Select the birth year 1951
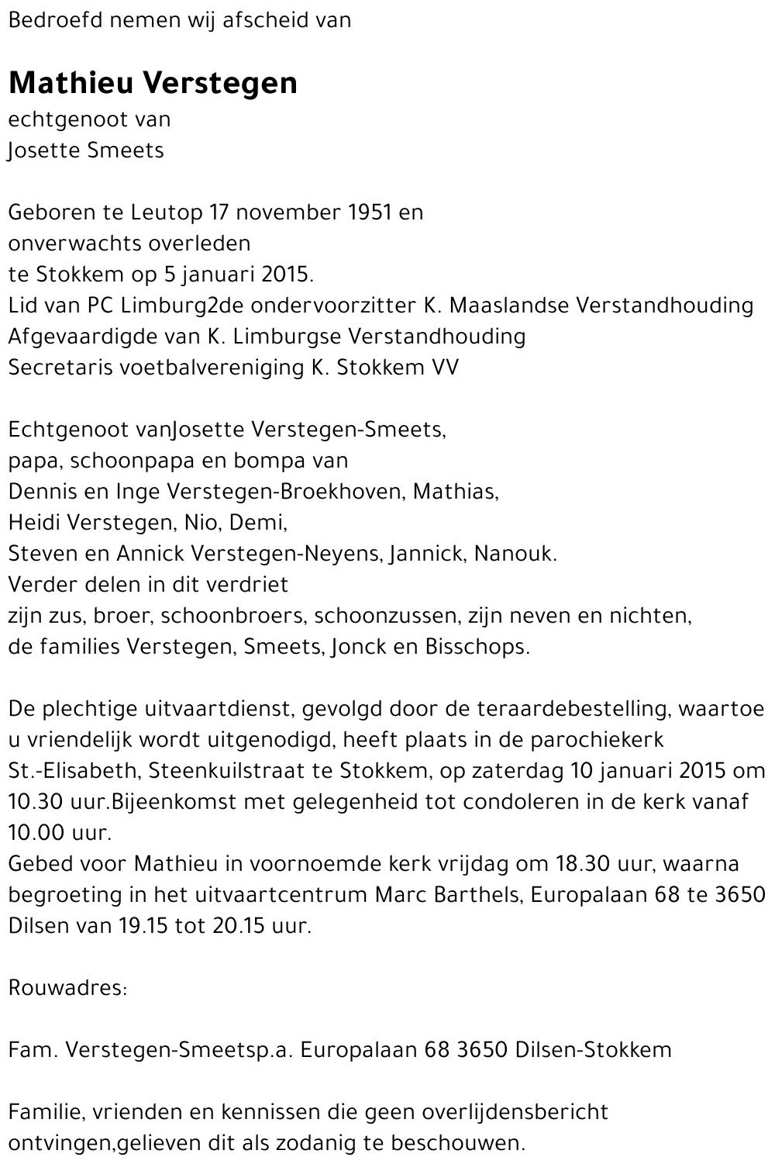pos(368,212)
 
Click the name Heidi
pos(35,523)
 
